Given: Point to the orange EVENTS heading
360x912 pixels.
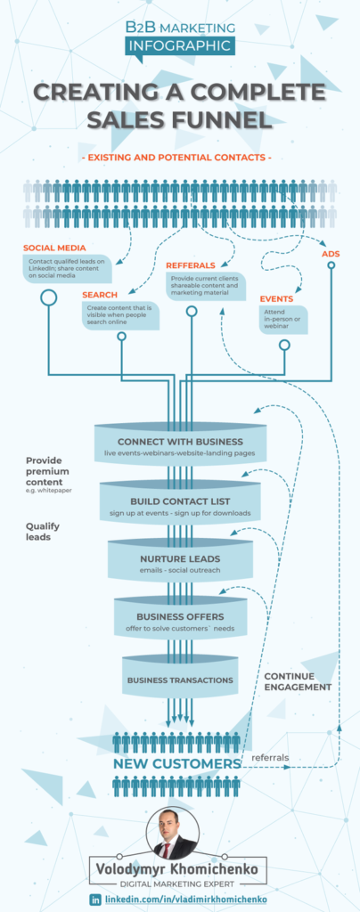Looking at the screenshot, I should click(x=276, y=298).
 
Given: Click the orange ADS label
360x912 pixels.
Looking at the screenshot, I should click(x=331, y=254).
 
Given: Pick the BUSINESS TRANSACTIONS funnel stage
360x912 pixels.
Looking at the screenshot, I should click(x=180, y=680).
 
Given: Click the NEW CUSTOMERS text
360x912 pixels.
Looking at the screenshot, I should click(x=176, y=763).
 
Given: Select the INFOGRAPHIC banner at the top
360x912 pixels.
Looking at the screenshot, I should click(x=180, y=45).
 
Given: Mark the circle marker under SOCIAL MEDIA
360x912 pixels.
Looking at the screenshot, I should click(x=48, y=297).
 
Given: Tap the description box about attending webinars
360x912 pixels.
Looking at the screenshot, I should click(x=283, y=319).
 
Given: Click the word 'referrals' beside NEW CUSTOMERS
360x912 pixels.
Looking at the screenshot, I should click(x=271, y=758).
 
